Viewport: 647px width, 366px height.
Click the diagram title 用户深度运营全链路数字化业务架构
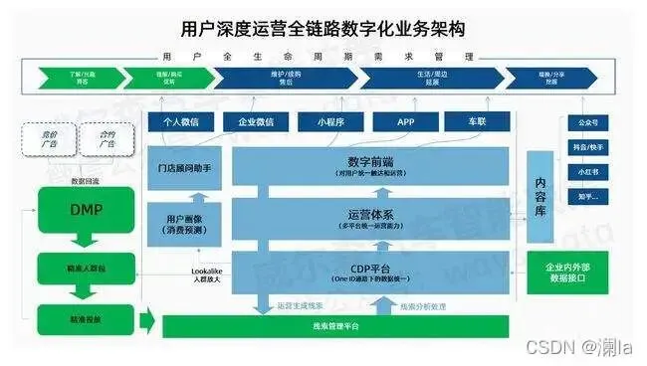(323, 28)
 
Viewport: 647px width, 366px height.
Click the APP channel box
(405, 122)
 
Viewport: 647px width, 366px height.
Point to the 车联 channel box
(478, 122)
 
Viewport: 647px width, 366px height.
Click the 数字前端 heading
(368, 161)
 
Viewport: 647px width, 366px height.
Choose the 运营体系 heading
(368, 214)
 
